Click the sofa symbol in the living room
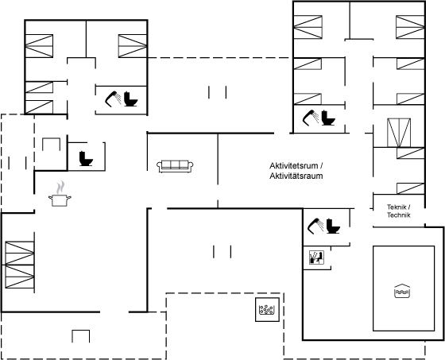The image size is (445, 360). (175, 166)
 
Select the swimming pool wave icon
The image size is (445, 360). (402, 291)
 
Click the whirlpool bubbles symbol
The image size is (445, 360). (267, 309)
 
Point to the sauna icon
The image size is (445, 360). (317, 257)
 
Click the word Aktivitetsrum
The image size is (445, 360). (293, 165)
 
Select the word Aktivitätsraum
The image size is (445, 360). (296, 176)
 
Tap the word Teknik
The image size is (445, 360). (397, 207)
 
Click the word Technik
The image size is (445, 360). (399, 215)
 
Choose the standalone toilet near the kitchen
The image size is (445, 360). (86, 158)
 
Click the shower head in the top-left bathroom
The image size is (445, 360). (113, 99)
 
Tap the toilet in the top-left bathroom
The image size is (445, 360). (130, 99)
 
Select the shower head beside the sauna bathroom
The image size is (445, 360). (315, 226)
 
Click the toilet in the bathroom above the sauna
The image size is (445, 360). (333, 226)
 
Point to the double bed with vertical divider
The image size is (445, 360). (399, 133)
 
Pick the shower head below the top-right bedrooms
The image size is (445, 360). (311, 118)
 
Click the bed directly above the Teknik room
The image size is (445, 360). (410, 188)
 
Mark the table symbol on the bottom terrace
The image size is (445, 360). (81, 336)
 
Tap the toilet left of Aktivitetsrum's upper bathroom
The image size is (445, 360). (328, 118)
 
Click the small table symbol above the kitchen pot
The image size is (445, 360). (52, 144)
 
